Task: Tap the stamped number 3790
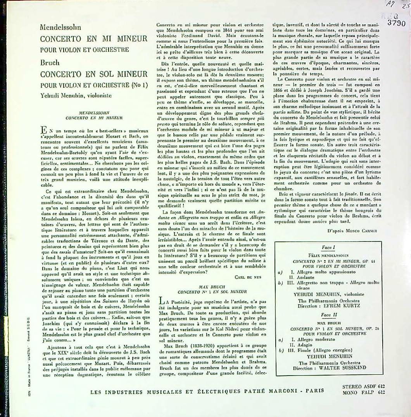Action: (396, 23)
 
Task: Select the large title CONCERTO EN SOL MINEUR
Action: (94, 74)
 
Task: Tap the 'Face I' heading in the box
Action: (328, 247)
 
